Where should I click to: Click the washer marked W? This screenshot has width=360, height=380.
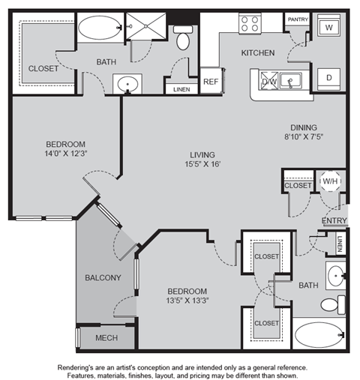tap(328, 25)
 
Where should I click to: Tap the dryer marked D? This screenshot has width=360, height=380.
tap(328, 79)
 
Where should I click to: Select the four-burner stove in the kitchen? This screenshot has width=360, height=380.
tap(250, 24)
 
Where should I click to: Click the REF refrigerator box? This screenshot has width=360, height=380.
tap(211, 80)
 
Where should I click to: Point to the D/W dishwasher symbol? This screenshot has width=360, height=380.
tap(269, 80)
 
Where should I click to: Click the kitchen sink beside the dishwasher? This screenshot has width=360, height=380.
tap(290, 80)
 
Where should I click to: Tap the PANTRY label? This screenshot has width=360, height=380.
tap(298, 19)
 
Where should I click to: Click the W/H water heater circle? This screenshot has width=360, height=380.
tap(330, 181)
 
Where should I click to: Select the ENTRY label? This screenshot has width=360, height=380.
tap(334, 220)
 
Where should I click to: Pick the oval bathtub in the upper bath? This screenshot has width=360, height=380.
tap(100, 28)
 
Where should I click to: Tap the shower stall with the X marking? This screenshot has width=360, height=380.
tap(145, 26)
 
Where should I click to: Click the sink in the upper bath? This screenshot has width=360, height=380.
tap(127, 84)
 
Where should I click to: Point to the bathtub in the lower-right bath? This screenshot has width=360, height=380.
tap(319, 335)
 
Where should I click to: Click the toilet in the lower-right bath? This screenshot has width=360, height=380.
tap(333, 305)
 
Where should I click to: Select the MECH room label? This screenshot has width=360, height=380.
tap(106, 338)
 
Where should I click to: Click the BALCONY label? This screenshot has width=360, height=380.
tap(103, 277)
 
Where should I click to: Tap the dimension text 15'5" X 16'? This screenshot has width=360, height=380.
tap(202, 164)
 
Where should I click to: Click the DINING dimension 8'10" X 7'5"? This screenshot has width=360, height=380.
tap(304, 136)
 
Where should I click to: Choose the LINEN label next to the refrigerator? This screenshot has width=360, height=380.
tap(181, 89)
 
